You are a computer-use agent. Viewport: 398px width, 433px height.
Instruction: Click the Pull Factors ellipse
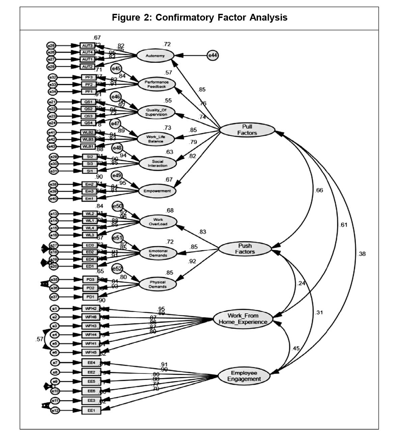click(x=247, y=130)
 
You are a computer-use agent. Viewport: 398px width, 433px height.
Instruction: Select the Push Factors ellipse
click(x=245, y=249)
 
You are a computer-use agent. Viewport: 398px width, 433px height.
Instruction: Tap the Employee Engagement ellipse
click(x=244, y=376)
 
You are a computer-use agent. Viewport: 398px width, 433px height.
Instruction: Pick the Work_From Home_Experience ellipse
click(x=243, y=319)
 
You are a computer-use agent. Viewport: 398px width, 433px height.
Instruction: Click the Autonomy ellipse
click(x=155, y=56)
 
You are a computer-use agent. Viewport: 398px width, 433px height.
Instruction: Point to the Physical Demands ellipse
click(x=158, y=284)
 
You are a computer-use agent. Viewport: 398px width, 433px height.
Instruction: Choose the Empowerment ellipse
click(x=157, y=191)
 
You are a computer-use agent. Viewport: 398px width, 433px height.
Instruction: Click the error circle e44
click(x=212, y=55)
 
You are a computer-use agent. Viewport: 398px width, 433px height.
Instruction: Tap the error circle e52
click(x=117, y=269)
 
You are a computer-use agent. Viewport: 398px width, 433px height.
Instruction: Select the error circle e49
click(x=117, y=175)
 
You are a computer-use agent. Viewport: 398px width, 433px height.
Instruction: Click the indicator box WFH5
click(x=91, y=352)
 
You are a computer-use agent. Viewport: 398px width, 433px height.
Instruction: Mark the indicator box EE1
click(x=91, y=410)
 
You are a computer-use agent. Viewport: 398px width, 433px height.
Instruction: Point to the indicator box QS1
click(x=88, y=102)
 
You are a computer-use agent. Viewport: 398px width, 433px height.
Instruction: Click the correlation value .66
click(x=319, y=191)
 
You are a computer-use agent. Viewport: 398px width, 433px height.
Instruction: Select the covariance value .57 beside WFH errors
click(x=39, y=339)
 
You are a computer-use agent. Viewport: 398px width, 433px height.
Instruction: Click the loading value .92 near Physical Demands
click(x=193, y=261)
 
